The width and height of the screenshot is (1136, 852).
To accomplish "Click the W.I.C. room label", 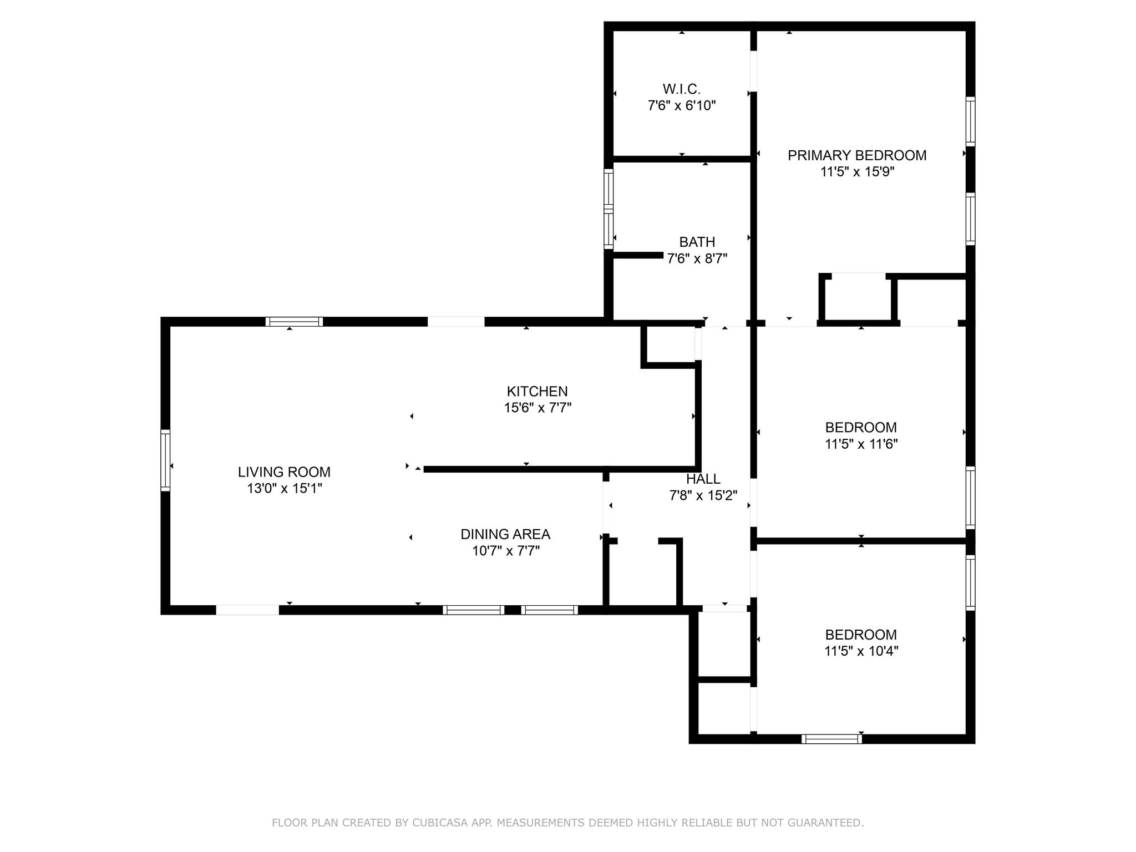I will [x=681, y=89].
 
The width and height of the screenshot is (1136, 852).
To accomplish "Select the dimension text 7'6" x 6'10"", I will [x=681, y=105].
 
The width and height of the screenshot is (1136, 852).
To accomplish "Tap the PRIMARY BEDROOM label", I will [x=857, y=155].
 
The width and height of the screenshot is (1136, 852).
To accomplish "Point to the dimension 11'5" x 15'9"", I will [x=857, y=172].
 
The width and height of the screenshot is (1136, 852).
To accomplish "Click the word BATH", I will [x=697, y=242].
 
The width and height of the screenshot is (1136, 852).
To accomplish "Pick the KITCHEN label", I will [x=537, y=391].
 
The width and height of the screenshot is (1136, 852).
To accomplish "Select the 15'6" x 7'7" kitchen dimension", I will [x=537, y=408].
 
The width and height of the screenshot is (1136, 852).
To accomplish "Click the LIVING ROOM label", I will [x=284, y=472].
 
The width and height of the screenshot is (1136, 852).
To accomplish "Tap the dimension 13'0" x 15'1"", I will [x=284, y=489].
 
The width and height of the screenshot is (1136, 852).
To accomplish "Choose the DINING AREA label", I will [x=505, y=534].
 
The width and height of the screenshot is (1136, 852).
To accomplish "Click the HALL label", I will [x=703, y=479].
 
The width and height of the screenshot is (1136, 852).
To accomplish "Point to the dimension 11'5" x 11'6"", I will [x=861, y=444].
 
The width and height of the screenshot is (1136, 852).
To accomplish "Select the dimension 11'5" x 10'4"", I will [x=861, y=651].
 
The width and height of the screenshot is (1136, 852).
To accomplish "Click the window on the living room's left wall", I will [x=165, y=460].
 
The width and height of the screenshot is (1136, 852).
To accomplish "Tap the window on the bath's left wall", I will [x=608, y=209].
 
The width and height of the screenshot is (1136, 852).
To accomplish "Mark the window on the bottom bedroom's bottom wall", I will [x=831, y=738].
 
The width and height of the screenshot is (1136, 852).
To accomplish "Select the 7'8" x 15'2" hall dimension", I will [x=703, y=495].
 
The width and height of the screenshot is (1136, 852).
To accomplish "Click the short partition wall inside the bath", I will [x=638, y=255].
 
